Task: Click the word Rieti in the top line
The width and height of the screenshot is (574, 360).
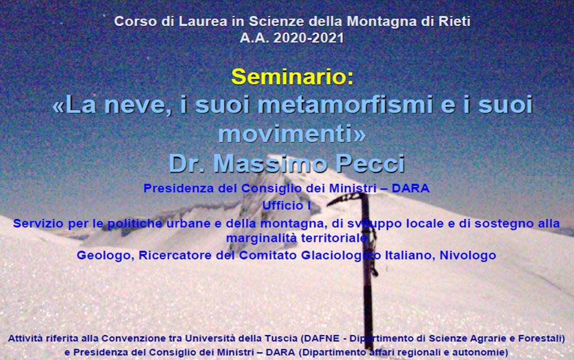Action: pos(454,21)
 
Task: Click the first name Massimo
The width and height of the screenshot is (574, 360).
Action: pos(270,163)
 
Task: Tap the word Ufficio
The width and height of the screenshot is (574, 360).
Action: pos(281,206)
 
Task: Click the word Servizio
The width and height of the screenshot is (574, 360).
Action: pos(38,223)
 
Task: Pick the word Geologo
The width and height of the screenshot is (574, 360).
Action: pos(105,255)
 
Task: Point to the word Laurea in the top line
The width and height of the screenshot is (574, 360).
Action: pos(203,21)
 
